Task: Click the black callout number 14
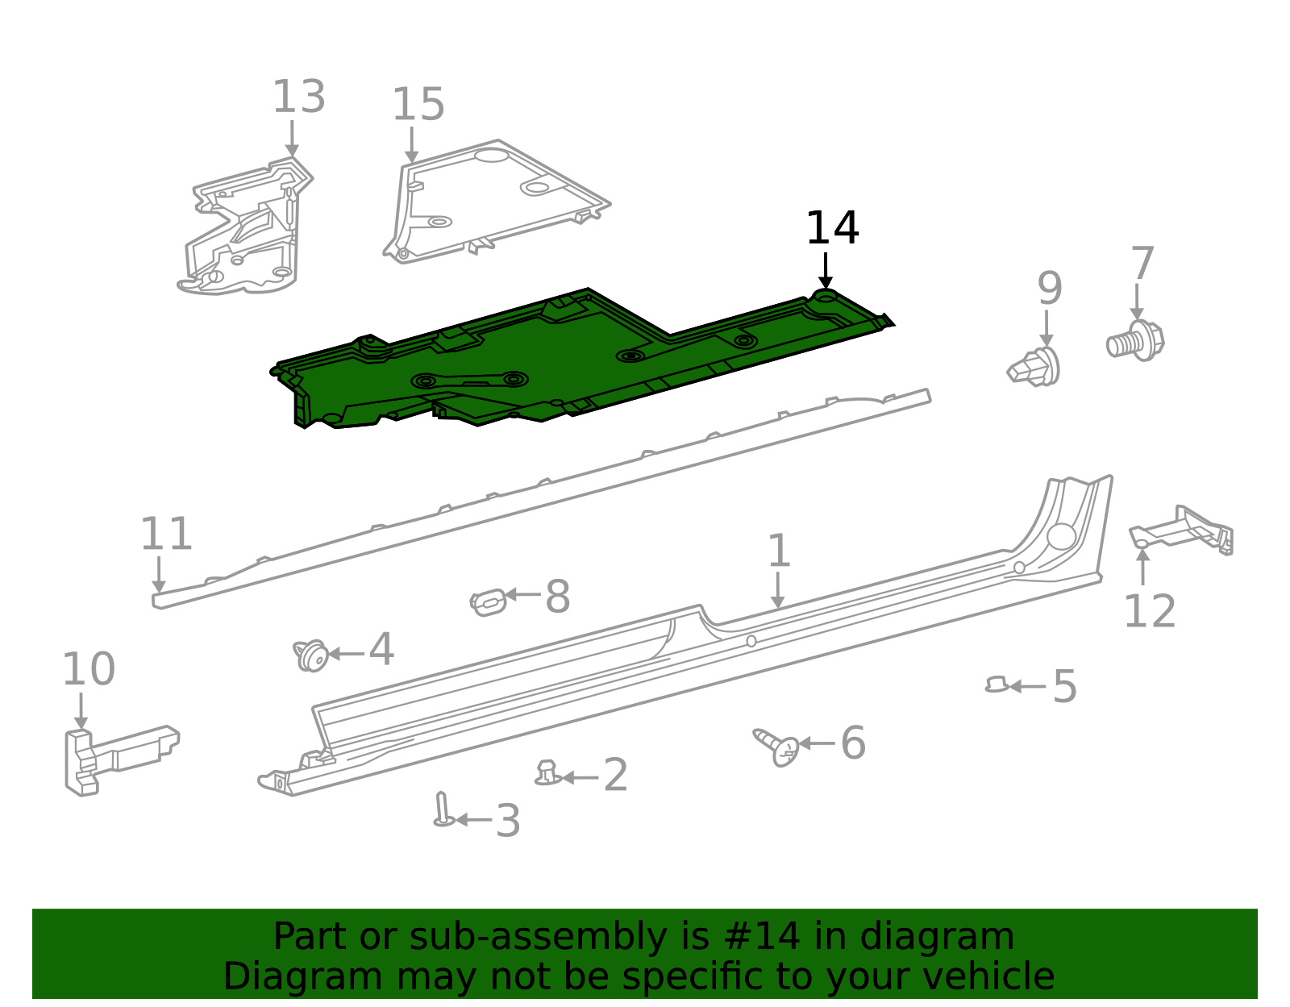[832, 228]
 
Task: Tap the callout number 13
[298, 98]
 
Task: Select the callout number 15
[418, 106]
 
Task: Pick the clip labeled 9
[1035, 368]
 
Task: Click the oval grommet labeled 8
[489, 601]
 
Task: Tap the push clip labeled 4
[311, 655]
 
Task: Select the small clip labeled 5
[997, 685]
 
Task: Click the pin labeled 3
[442, 810]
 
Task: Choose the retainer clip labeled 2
[547, 773]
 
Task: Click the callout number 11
[166, 534]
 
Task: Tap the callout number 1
[778, 551]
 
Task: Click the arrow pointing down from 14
[825, 270]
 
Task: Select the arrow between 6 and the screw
[816, 743]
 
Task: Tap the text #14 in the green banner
[762, 937]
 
